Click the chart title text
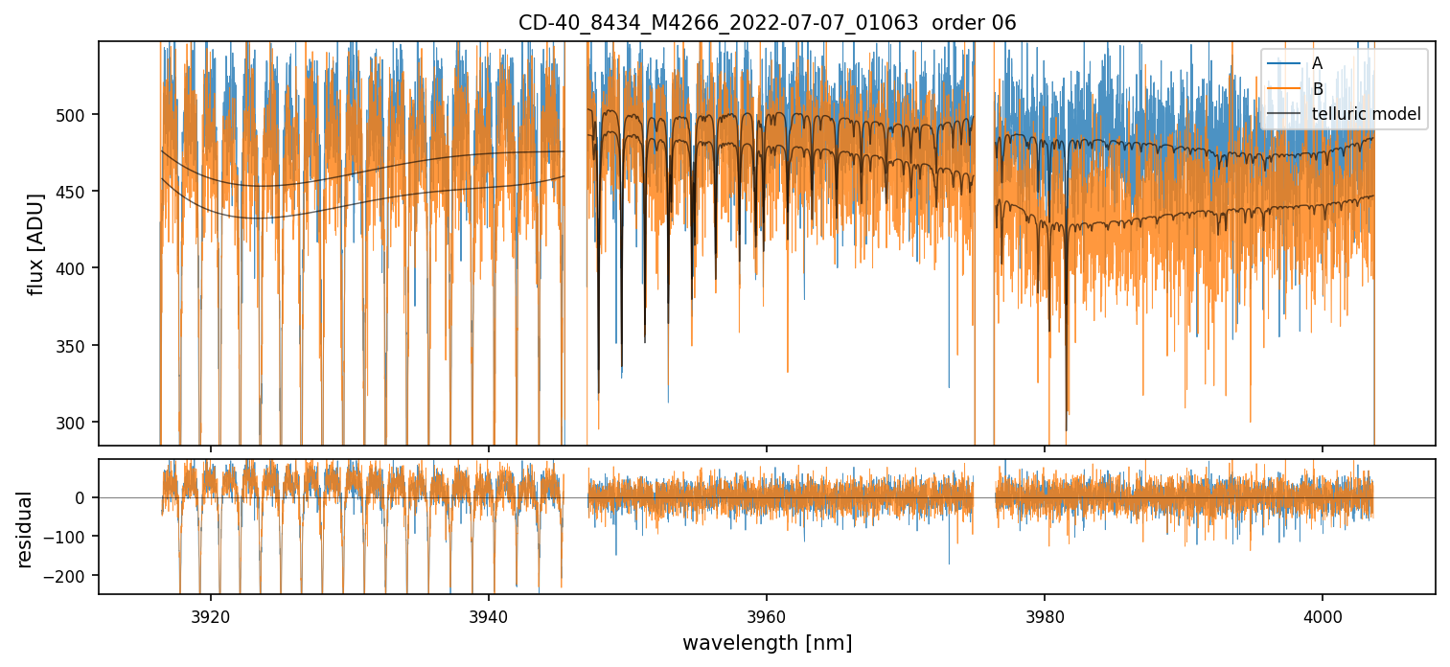click(767, 22)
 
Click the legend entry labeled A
click(1317, 63)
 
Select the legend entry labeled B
click(1317, 89)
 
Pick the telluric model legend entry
click(1366, 115)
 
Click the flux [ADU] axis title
click(36, 243)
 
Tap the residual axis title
click(25, 529)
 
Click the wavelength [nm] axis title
click(767, 643)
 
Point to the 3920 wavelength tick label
click(211, 617)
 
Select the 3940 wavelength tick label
click(489, 617)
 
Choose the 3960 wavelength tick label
click(767, 617)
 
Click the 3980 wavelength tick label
click(1045, 617)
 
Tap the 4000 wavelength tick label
click(1323, 617)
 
